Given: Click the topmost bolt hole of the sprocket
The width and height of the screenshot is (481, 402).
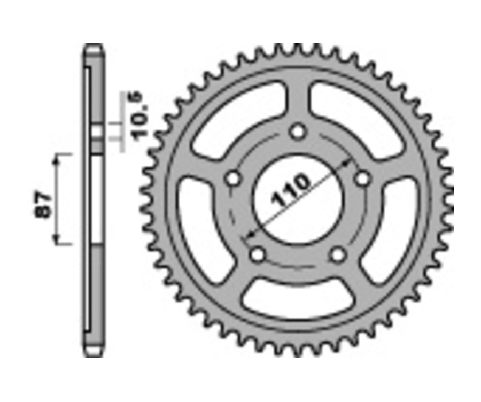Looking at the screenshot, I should point(298,132).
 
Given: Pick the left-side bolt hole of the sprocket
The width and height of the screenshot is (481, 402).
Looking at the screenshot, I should point(232,179).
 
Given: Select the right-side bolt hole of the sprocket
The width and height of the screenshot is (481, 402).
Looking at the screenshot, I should point(363,179).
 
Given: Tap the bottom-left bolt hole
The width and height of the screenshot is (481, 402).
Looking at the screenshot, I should point(258,255).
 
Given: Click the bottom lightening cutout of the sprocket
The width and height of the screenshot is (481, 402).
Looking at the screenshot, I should point(297,299).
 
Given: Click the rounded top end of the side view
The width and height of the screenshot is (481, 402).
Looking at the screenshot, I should point(93,49).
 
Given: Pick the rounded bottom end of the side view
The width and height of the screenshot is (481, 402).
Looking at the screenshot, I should point(93,352).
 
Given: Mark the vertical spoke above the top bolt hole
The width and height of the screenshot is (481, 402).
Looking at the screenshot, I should point(298,99).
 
